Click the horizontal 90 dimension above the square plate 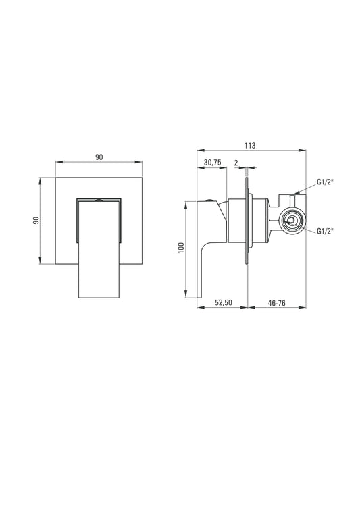click(x=99, y=157)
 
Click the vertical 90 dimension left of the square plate click(x=36, y=221)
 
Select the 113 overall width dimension click(x=250, y=145)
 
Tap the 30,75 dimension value click(x=213, y=163)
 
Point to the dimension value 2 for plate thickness click(x=236, y=163)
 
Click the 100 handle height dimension click(x=181, y=248)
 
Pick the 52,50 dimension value click(x=224, y=302)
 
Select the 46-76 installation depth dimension click(x=277, y=303)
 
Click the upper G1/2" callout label click(x=326, y=182)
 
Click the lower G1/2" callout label click(x=326, y=231)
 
